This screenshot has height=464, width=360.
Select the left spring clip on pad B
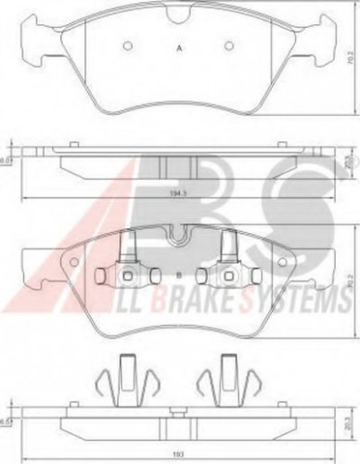(129, 249)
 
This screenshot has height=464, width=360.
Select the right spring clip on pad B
(228, 249)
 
